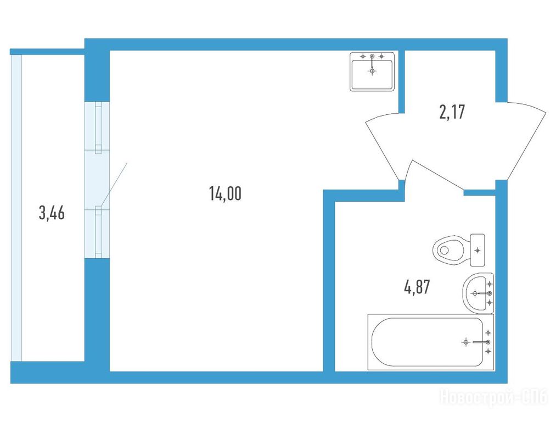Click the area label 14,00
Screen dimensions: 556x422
coord(225,194)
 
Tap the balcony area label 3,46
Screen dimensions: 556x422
coord(52,213)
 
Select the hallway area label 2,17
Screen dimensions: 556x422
coord(452,112)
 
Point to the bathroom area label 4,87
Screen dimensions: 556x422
coord(417,287)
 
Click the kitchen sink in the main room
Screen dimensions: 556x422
coord(372,71)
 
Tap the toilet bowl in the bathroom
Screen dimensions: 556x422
coord(448,249)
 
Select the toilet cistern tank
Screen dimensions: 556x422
coord(478,250)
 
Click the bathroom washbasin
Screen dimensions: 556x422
coord(478,293)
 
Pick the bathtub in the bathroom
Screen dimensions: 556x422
coord(430,342)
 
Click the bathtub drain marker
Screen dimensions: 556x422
coord(466,342)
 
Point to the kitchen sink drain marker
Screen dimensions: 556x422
coord(372,71)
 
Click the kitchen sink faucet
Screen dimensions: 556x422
coord(372,60)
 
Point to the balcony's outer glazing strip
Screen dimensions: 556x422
coord(16,208)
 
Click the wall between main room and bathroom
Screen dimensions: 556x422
coord(329,280)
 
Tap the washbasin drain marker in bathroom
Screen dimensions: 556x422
coord(474,293)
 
